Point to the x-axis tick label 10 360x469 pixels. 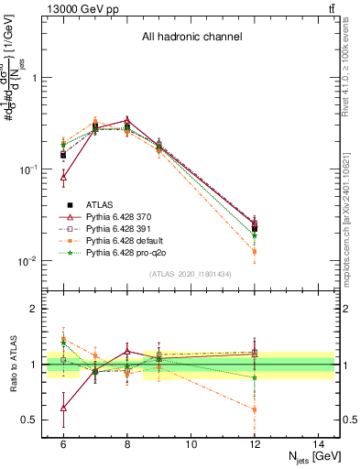click(x=191, y=444)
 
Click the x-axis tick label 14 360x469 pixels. click(x=319, y=444)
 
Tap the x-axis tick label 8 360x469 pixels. click(x=127, y=444)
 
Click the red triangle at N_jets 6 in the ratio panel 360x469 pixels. click(x=63, y=408)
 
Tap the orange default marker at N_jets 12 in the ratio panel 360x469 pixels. click(x=255, y=409)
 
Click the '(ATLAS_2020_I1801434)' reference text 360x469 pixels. click(x=191, y=275)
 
